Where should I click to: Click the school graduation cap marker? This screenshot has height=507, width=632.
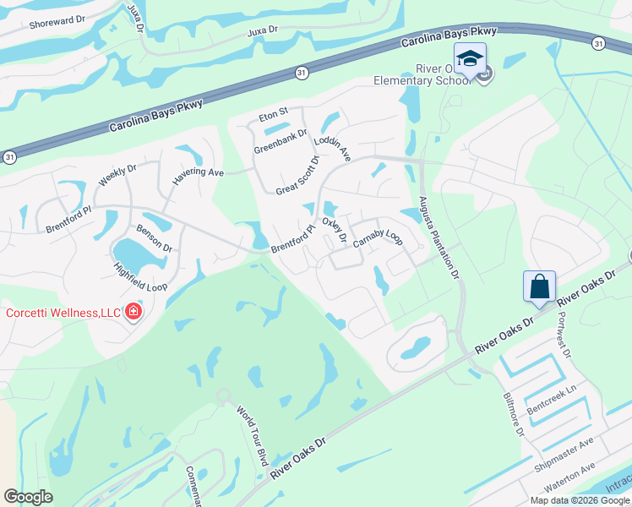[x=470, y=59]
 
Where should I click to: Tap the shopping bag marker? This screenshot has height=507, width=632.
[x=539, y=288]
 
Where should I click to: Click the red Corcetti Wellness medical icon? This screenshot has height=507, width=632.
[x=133, y=313]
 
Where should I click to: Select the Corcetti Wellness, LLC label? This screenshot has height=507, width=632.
[x=63, y=313]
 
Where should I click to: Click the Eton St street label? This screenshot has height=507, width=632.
[x=274, y=112]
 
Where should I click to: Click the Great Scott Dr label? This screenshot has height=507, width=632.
[x=298, y=175]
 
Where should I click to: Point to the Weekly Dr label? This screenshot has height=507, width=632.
[x=117, y=172]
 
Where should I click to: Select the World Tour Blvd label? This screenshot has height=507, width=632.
[x=252, y=436]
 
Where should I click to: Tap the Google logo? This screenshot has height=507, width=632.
[x=29, y=497]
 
